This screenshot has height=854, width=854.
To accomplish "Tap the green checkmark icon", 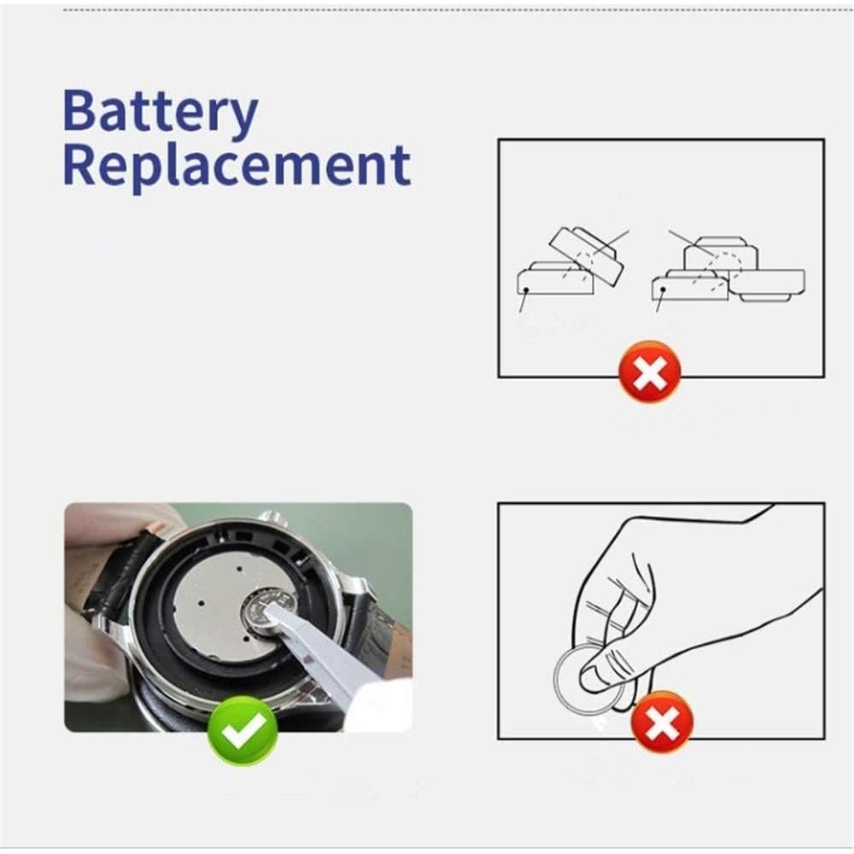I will [x=243, y=731].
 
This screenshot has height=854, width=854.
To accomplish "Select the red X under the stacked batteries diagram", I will [x=650, y=371].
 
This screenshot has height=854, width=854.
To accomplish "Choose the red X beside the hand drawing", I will [x=662, y=722].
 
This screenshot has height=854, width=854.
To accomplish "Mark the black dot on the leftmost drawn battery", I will [x=527, y=290].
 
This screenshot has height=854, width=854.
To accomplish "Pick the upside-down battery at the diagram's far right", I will [x=769, y=284].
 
